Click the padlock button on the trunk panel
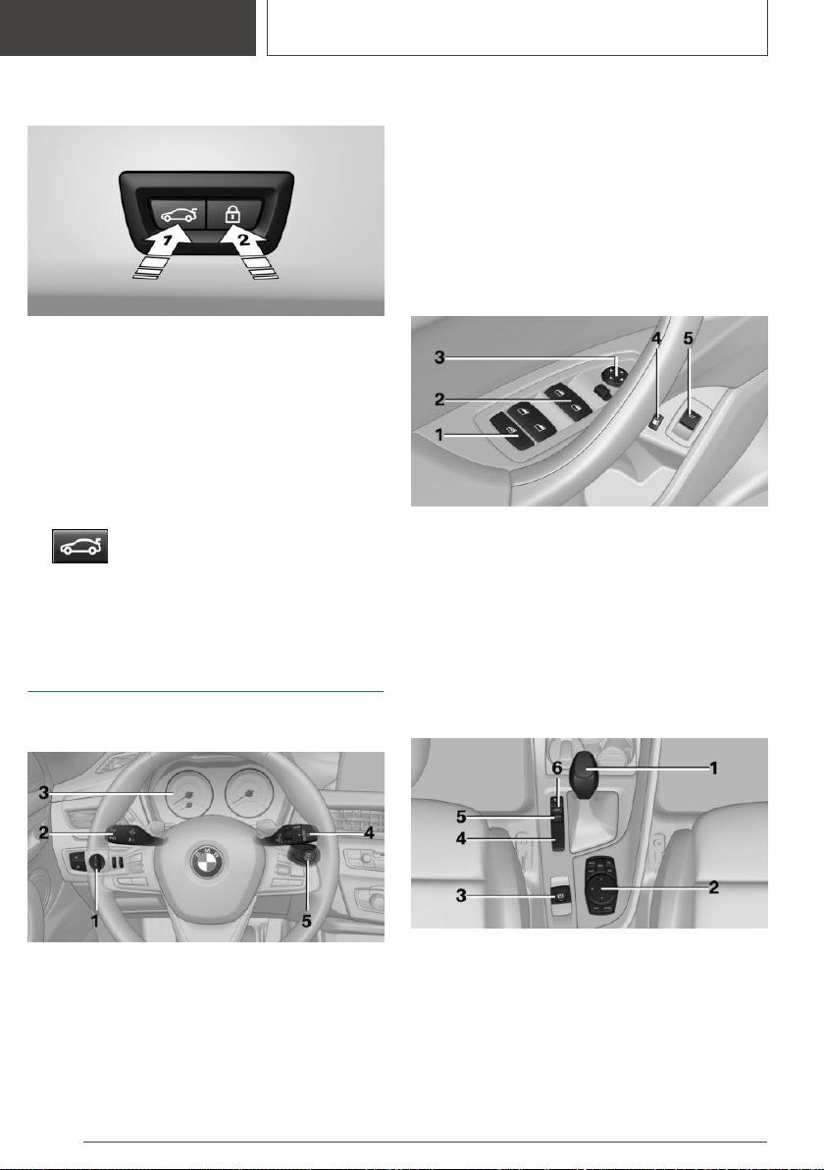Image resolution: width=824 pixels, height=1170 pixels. pos(233,214)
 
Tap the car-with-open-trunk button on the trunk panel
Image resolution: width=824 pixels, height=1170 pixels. pos(179,214)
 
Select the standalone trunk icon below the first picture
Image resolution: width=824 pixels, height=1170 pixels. pos(79,546)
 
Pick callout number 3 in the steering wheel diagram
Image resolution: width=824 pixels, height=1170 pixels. pos(44,793)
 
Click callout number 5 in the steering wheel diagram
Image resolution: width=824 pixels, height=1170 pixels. pos(306,922)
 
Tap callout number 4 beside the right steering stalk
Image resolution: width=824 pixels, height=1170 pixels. pos(369,832)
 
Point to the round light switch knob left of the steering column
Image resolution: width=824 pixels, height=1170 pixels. pos(96,863)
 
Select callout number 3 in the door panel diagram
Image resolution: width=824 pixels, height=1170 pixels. pos(440,358)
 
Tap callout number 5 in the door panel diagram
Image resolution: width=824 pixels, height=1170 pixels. pos(689,339)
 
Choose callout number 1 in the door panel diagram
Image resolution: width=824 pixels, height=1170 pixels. pos(439,434)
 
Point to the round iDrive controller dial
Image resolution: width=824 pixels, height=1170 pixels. pos(602,885)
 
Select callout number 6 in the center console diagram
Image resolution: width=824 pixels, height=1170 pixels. pos(557,768)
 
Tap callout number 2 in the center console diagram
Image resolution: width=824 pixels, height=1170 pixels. pos(713,887)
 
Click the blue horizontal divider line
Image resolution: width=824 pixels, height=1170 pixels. pos(206,692)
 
